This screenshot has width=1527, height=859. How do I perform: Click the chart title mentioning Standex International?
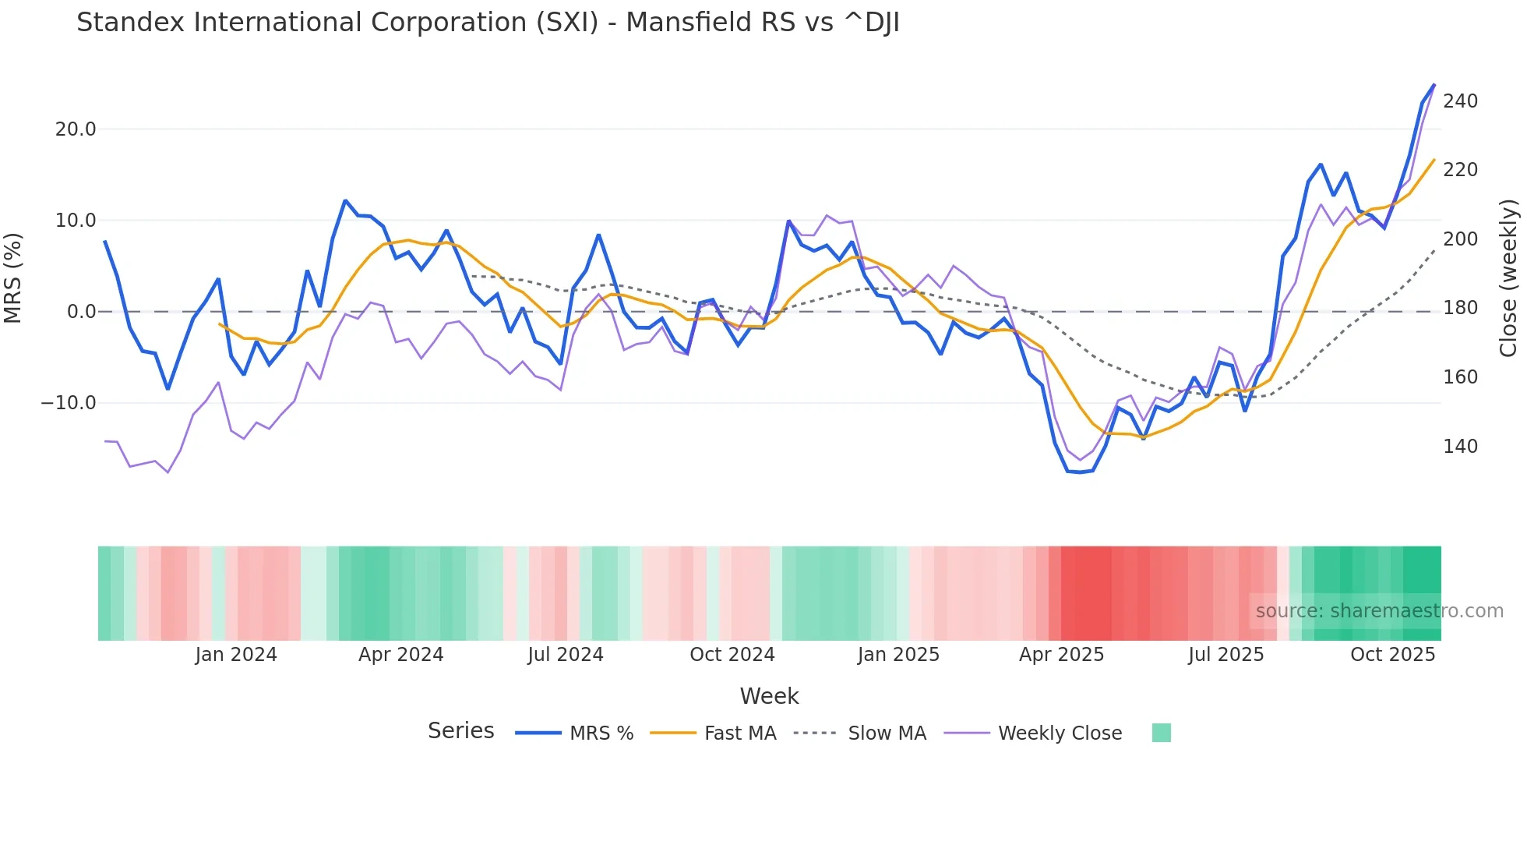488,23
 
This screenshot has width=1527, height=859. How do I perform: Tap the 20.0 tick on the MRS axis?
76,129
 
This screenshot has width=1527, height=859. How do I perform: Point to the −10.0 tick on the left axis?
69,403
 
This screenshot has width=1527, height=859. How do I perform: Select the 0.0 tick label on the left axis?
81,312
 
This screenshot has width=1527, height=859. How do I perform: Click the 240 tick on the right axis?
1460,101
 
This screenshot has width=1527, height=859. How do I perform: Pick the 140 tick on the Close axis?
1460,447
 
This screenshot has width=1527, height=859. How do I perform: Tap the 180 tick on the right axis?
1460,308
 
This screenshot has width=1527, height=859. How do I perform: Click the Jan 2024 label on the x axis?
236,655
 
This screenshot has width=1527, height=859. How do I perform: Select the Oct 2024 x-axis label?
732,655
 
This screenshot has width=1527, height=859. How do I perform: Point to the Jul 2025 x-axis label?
1225,655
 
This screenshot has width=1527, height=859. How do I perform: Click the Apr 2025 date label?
1061,655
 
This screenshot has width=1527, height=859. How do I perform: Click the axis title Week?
769,696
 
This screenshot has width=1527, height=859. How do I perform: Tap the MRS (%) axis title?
13,277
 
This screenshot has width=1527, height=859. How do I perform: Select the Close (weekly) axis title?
1509,277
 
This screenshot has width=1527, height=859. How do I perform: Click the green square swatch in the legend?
1161,733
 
